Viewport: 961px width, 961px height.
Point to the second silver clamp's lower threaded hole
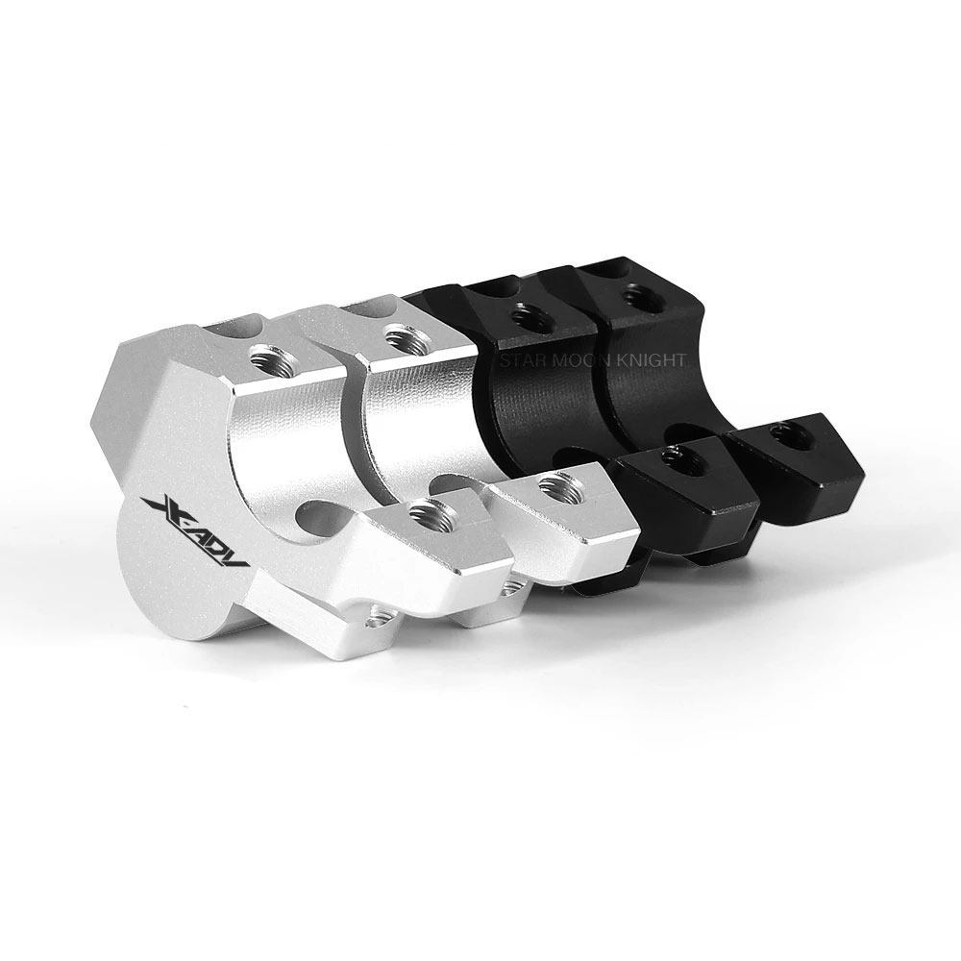click(x=559, y=484)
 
